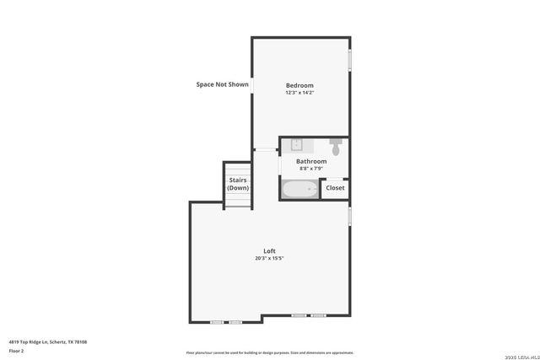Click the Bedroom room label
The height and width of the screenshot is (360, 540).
tap(300, 85)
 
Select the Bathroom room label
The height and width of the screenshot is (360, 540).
tap(310, 161)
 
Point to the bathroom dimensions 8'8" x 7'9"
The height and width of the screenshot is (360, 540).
tap(310, 168)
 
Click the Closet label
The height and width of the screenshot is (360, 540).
tap(335, 188)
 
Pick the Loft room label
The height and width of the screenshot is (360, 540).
tap(269, 251)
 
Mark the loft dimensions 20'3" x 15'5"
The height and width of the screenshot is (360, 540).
tap(269, 258)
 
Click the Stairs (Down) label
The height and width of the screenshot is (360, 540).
tap(238, 184)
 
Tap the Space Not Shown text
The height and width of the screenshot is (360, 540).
tap(222, 84)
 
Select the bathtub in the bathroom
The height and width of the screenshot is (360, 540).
tap(300, 190)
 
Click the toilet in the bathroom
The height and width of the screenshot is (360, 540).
tap(336, 147)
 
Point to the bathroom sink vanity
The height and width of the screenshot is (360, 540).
tap(297, 145)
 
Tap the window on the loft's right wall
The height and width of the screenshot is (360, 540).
tap(349, 215)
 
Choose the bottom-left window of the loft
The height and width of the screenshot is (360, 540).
tap(226, 321)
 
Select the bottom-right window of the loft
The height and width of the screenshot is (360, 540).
tap(309, 315)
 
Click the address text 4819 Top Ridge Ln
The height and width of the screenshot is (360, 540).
tap(48, 341)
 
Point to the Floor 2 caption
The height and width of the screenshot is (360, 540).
tap(17, 350)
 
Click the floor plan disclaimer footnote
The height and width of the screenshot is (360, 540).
tap(270, 352)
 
